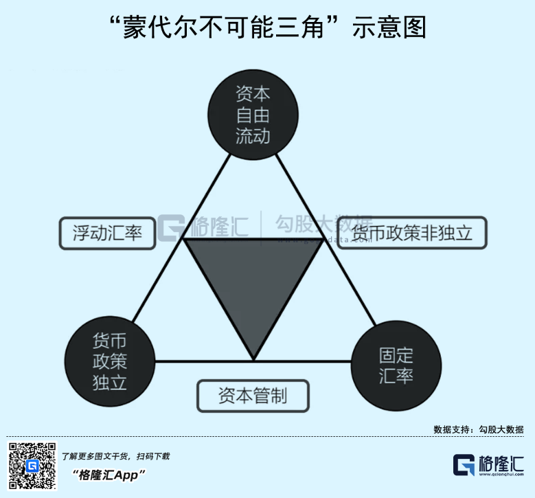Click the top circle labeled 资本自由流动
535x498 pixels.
click(253, 114)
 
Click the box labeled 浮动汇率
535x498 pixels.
click(107, 234)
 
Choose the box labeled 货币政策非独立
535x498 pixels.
click(412, 234)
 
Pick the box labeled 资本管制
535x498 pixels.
click(253, 396)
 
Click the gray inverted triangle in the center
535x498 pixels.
click(253, 282)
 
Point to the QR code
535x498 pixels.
click(32, 466)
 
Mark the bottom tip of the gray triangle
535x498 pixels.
click(253, 359)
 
